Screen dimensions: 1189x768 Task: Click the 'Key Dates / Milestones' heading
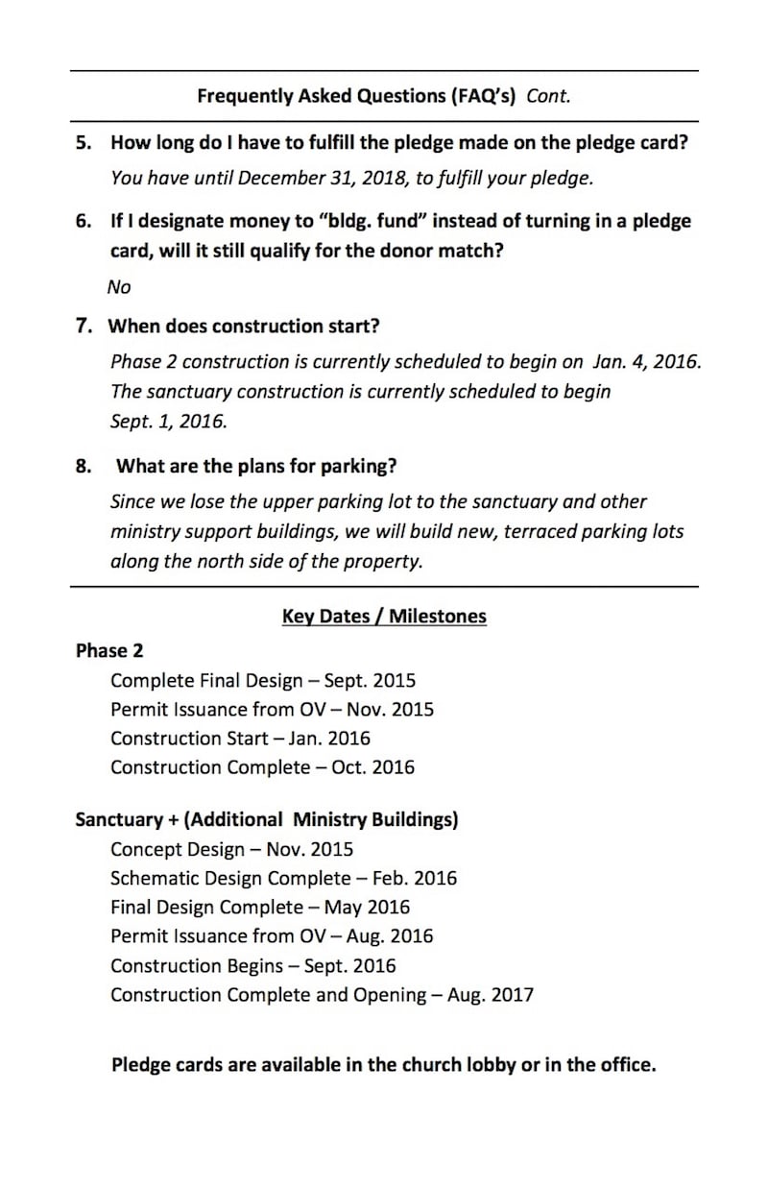pos(384,617)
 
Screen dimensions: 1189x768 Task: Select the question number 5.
pos(84,143)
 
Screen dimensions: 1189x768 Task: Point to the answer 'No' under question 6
pos(119,287)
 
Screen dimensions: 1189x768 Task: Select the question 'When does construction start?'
pos(244,327)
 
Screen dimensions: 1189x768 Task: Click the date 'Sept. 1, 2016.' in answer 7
pos(168,422)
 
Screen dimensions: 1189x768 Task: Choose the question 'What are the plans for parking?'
pos(256,467)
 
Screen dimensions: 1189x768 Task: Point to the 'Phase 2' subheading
pos(109,651)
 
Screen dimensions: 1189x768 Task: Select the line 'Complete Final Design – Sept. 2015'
pos(263,681)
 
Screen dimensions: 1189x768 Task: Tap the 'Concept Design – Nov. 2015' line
pos(231,850)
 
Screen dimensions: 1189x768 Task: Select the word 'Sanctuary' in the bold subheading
pos(120,820)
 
